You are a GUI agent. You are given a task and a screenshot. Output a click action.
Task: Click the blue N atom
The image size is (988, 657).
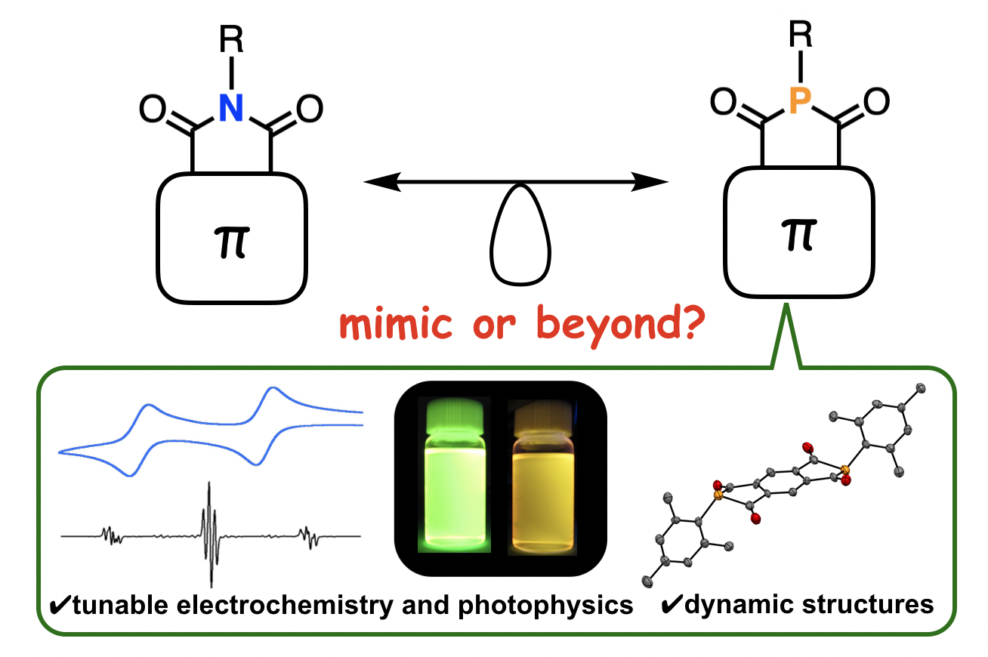coord(232,109)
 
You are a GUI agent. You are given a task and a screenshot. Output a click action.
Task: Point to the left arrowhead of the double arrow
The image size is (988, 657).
coord(378,181)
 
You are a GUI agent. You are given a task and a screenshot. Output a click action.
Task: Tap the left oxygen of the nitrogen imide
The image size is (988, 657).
coord(150,110)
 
